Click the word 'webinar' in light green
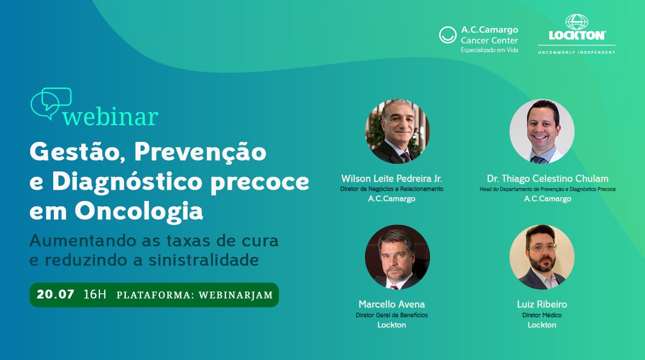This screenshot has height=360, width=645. (x=110, y=116)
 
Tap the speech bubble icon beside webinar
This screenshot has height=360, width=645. (x=51, y=102)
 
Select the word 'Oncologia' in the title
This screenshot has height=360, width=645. (x=139, y=212)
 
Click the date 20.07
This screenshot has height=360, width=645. (x=55, y=294)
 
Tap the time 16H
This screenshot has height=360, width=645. (x=95, y=294)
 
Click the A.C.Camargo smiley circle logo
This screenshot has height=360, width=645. (x=448, y=35)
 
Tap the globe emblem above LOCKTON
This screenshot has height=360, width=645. (x=577, y=22)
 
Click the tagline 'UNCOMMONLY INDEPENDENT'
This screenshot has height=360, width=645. (x=577, y=52)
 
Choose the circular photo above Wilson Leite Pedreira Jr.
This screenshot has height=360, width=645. (x=397, y=132)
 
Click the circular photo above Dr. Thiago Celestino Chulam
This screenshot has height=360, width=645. (x=542, y=132)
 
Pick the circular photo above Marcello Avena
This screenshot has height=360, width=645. (x=397, y=257)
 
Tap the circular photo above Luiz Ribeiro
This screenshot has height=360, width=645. (x=542, y=257)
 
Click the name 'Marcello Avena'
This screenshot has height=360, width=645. (x=392, y=305)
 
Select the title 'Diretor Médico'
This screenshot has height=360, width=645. (x=542, y=315)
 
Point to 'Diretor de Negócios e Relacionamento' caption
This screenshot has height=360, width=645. (x=392, y=189)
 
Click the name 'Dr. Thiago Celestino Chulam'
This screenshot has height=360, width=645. (x=548, y=178)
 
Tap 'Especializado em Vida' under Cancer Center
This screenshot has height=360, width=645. (x=489, y=50)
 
